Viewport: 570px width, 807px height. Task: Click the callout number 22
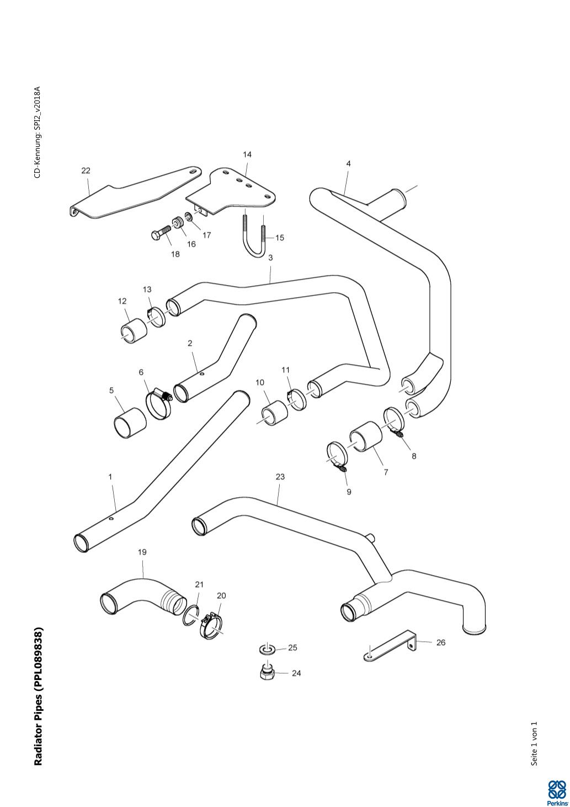click(x=86, y=171)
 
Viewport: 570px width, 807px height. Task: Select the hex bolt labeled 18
click(x=161, y=233)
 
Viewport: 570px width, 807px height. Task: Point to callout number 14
click(x=247, y=155)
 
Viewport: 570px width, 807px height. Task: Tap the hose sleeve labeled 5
click(x=130, y=423)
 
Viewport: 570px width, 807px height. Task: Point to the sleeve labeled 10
click(x=275, y=412)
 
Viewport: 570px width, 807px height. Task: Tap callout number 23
click(x=280, y=477)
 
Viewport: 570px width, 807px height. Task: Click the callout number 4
click(x=348, y=163)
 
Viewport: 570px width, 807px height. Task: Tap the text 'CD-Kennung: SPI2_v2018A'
click(x=38, y=132)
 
